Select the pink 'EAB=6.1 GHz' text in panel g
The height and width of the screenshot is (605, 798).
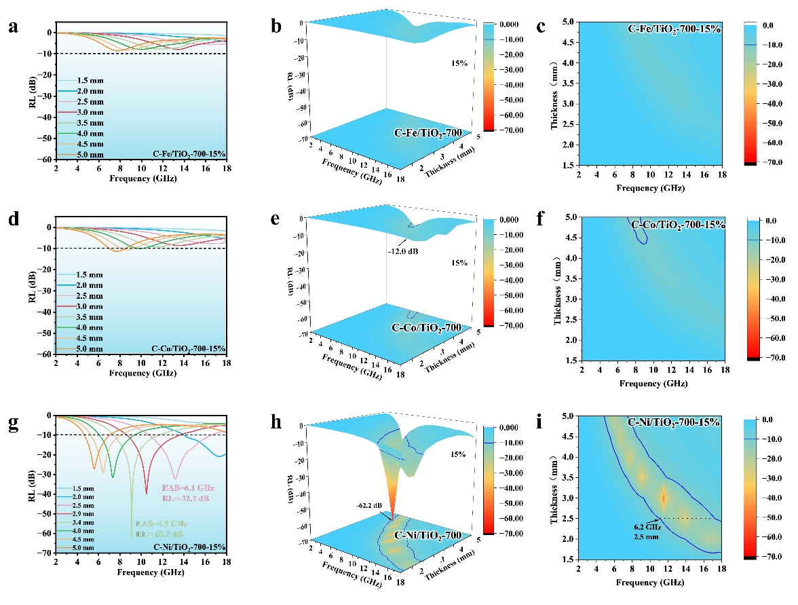coord(187,488)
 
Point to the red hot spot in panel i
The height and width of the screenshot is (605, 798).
coord(664,498)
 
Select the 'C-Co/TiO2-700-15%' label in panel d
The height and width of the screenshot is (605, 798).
coord(189,348)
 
